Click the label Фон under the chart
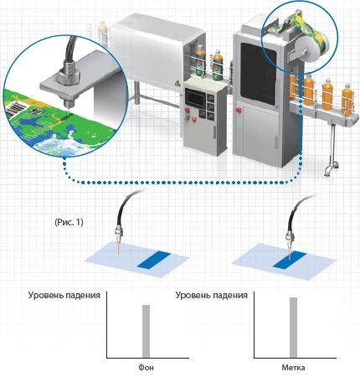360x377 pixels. point(146,367)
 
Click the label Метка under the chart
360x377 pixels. point(293,367)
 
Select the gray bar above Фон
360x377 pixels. point(146,331)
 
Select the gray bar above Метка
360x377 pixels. point(293,328)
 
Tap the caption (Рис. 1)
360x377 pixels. point(69,222)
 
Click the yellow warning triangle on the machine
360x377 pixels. point(177,83)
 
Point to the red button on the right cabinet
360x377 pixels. point(238,110)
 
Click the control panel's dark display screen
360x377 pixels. point(195,97)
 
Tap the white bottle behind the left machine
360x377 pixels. point(103,33)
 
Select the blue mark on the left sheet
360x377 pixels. point(154,261)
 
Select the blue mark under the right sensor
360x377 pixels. point(290,261)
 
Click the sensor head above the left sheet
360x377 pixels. point(118,234)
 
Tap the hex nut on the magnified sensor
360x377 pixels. point(69,75)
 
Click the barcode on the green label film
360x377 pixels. point(14,110)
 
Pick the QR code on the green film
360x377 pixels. point(36,111)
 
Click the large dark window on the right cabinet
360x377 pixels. point(258,73)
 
